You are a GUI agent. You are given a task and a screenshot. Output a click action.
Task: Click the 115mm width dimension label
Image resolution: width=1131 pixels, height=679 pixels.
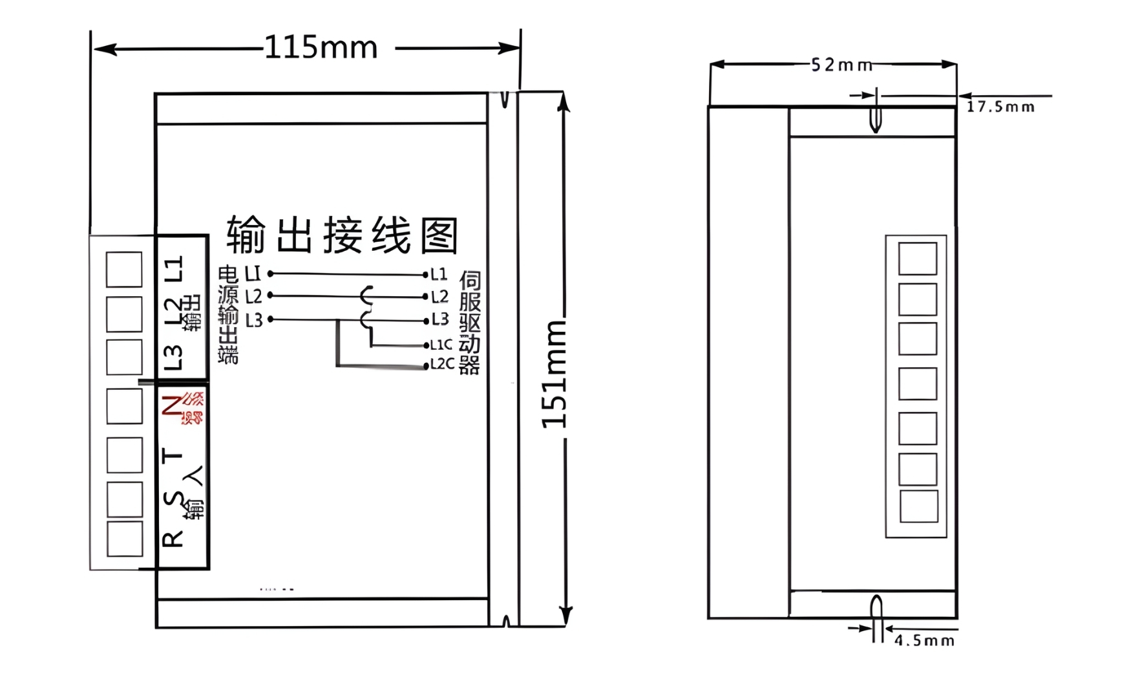pos(321,48)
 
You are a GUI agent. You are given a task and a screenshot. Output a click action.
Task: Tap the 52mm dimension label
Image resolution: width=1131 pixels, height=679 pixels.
pos(841,65)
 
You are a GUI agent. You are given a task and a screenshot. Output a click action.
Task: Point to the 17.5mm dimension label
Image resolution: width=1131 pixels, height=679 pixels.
pos(1000,107)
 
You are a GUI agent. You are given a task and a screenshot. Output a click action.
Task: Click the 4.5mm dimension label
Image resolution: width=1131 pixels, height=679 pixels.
pos(924,640)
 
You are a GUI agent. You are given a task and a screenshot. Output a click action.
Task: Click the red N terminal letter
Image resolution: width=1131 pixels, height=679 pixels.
pos(172,405)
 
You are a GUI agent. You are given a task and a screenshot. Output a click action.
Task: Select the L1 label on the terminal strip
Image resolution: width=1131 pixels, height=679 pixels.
pos(173,268)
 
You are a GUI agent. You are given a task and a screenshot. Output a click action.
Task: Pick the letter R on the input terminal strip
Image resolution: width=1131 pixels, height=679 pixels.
pos(173,539)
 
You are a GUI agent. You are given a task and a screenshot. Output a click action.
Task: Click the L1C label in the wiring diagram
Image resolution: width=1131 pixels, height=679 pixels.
pos(441,345)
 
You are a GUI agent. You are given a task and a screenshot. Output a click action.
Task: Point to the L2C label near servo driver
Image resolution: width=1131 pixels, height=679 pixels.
pos(442,364)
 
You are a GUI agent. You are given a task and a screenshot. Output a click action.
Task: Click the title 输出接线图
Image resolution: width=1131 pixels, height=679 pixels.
pos(343,235)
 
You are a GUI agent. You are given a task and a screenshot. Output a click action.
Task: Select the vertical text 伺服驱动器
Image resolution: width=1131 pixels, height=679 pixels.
pos(470,323)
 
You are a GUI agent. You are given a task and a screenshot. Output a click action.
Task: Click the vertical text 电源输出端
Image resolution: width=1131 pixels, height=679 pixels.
pos(228,314)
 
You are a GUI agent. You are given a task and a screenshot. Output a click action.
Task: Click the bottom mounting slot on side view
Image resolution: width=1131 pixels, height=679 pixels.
pos(876,610)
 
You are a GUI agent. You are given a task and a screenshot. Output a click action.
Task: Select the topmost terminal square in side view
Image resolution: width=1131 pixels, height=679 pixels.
pos(917,259)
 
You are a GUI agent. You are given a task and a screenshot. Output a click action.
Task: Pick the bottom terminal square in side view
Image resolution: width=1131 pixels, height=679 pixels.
pos(918,506)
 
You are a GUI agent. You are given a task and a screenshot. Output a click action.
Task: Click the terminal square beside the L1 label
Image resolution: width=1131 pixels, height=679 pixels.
pos(124,269)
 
